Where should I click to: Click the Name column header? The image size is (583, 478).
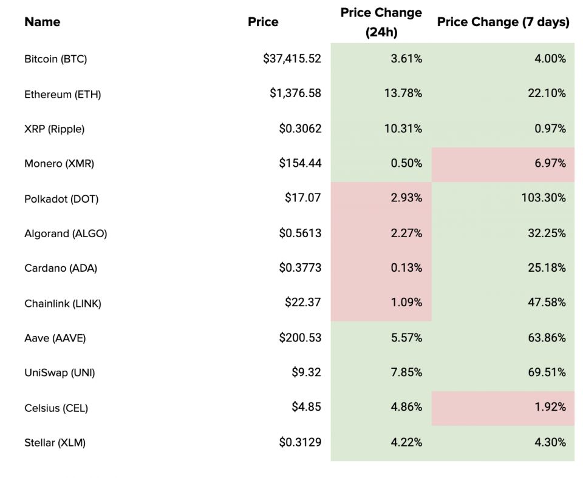coord(43,22)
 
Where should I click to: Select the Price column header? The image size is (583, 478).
coord(263,22)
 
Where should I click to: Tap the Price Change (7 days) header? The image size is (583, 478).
coord(503,22)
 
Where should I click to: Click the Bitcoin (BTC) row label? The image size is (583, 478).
coord(56,59)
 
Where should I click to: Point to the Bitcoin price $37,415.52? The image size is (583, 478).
coord(292,59)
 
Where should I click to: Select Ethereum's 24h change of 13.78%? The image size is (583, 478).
coord(403,93)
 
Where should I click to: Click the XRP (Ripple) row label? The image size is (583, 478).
coord(54,129)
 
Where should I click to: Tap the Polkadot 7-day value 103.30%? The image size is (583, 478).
coord(544,198)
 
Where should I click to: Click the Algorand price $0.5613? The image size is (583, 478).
coord(300,234)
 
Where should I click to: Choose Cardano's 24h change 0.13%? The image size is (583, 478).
coord(406,268)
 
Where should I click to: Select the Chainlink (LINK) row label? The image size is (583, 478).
coord(63,304)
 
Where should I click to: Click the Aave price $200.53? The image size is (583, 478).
coord(300,338)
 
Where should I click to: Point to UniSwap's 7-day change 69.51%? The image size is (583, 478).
coord(547,372)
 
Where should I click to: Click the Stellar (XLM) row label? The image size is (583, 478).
coord(55,443)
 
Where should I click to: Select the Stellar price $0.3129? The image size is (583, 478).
coord(300,442)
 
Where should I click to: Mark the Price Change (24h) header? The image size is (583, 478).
coord(381,22)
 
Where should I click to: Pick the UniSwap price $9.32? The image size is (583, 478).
coord(306,372)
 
